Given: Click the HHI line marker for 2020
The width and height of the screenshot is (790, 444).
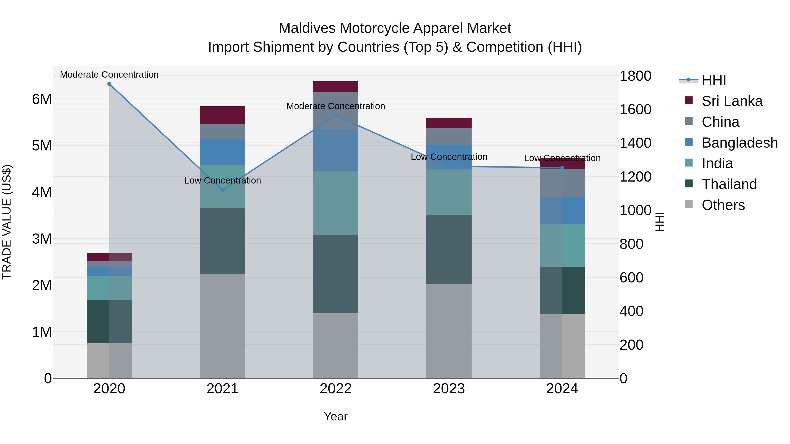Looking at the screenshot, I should pyautogui.click(x=109, y=84).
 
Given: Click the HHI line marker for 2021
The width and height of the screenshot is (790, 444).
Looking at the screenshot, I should pyautogui.click(x=223, y=190).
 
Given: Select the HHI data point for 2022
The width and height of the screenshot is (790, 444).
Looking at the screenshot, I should pyautogui.click(x=336, y=116).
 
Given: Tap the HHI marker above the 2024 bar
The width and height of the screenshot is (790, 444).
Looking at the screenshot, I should pyautogui.click(x=562, y=168).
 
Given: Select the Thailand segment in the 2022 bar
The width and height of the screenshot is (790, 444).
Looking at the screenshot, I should pyautogui.click(x=336, y=274).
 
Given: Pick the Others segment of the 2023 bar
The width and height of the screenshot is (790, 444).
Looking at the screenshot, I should pyautogui.click(x=449, y=331).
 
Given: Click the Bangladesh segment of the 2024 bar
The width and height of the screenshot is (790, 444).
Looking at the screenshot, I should pyautogui.click(x=562, y=210).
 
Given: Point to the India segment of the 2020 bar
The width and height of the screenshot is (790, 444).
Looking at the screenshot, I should pyautogui.click(x=109, y=288).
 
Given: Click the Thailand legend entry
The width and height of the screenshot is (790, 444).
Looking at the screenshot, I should pyautogui.click(x=729, y=184).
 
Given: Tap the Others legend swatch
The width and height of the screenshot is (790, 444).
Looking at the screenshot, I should pyautogui.click(x=688, y=204).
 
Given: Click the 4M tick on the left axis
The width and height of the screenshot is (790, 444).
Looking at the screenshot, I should pyautogui.click(x=42, y=193).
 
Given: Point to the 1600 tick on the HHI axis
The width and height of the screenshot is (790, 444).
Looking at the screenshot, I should pyautogui.click(x=635, y=110).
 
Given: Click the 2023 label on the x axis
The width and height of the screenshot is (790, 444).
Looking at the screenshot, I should pyautogui.click(x=449, y=389).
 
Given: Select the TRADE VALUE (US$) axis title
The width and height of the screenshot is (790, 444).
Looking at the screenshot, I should pyautogui.click(x=7, y=222).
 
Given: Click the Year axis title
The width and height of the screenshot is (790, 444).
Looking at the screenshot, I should pyautogui.click(x=336, y=416).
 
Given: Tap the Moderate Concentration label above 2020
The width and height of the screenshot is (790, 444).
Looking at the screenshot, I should pyautogui.click(x=109, y=75).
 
